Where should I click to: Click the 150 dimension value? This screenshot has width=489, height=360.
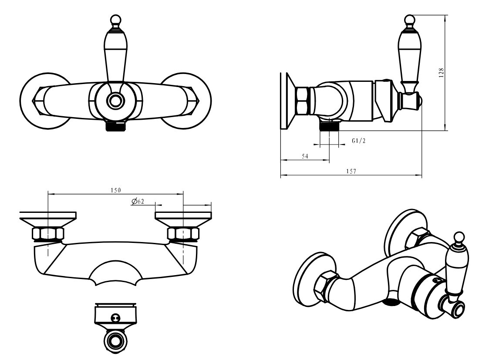coord(115,190)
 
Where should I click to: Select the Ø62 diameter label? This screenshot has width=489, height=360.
coord(138,202)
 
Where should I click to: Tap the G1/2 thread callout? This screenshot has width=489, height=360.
coord(359,141)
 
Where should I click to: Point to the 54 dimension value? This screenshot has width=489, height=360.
coord(305,156)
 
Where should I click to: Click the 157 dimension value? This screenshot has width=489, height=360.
coord(351,171)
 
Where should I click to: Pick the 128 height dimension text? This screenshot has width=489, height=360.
coord(441,73)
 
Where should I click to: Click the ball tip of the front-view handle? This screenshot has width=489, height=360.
coord(115,19)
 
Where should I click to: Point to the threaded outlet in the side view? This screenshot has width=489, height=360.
coord(329,126)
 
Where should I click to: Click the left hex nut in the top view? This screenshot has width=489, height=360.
coord(48,233)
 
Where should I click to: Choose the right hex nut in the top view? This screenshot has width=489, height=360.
coord(183,233)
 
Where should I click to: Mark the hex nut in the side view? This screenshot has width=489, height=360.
coord(302,101)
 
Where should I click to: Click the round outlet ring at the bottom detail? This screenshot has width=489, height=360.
coord(115,341)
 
